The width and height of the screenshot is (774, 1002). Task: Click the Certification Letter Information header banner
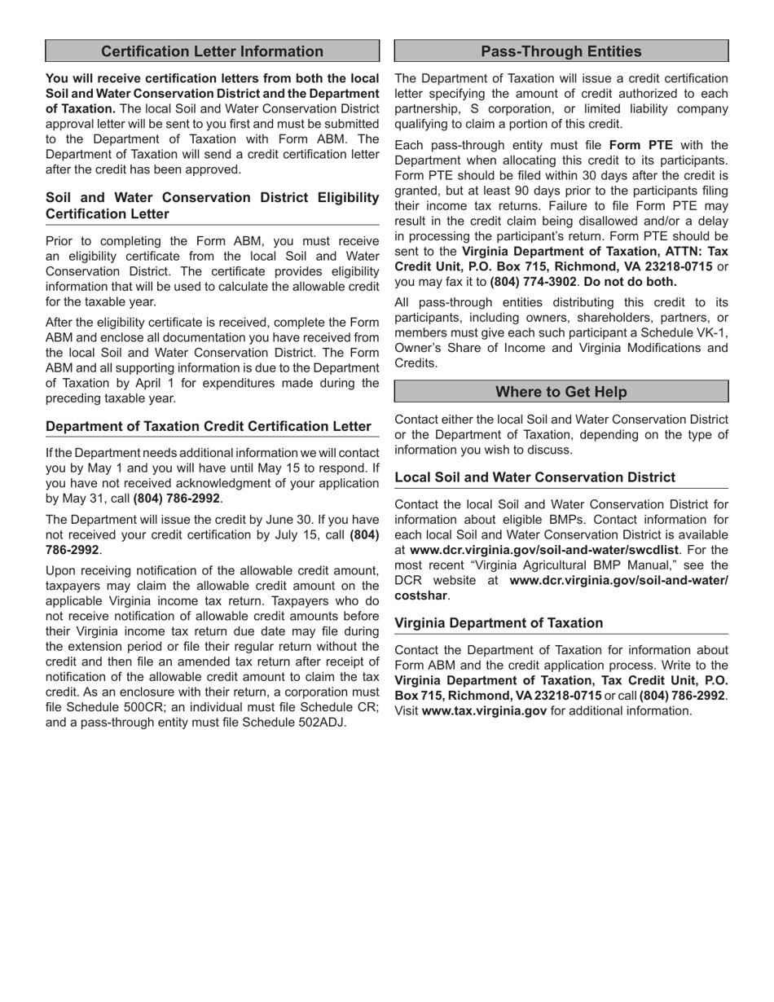pyautogui.click(x=212, y=51)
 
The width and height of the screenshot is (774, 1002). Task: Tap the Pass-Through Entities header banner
pyautogui.click(x=561, y=51)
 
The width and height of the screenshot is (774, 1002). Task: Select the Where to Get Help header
pyautogui.click(x=561, y=392)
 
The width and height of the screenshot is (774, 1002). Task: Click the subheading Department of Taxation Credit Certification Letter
pyautogui.click(x=209, y=426)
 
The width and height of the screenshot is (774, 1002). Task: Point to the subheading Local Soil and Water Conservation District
pyautogui.click(x=534, y=477)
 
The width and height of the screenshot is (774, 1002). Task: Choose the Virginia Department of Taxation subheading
pyautogui.click(x=499, y=623)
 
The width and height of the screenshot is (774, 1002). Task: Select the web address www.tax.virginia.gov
pyautogui.click(x=484, y=710)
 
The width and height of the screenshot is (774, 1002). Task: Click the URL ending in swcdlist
pyautogui.click(x=543, y=550)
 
